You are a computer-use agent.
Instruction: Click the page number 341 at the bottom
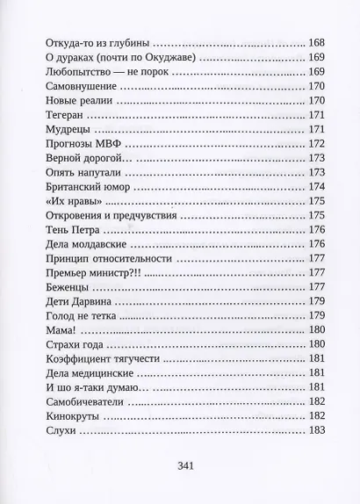click(x=184, y=466)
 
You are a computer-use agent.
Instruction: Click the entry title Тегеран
click(x=66, y=114)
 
